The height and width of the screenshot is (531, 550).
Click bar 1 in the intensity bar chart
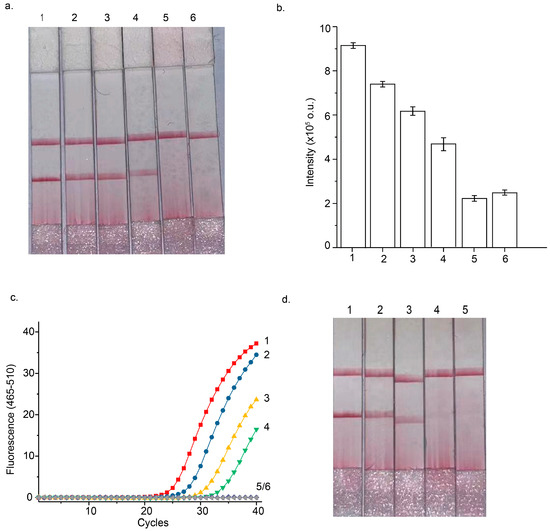pos(353,146)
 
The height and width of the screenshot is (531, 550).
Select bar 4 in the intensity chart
pos(443,195)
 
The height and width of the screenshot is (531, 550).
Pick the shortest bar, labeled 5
pos(474,223)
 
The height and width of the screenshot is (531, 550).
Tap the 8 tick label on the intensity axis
pos(327,71)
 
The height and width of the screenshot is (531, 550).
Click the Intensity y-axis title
pos(310,142)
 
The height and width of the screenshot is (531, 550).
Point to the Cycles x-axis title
pos(153,523)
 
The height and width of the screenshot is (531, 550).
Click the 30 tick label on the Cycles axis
pos(202,511)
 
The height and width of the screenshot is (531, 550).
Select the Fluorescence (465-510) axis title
pos(11,419)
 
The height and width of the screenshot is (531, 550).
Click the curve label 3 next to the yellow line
pos(267,398)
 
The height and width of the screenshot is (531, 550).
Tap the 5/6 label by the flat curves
pos(263,487)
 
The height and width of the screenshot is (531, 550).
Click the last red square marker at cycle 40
pos(256,343)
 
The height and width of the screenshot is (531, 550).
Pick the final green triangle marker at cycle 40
pos(256,430)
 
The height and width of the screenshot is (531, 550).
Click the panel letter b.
pos(280,8)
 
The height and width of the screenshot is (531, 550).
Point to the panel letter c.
pos(14,298)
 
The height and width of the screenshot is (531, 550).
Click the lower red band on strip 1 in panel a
pos(46,179)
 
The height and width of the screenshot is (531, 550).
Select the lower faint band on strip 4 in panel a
pos(142,173)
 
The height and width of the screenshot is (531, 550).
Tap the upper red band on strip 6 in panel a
pos(203,135)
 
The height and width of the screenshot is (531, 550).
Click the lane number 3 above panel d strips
pos(409,310)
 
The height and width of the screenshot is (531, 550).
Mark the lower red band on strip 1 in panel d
pos(347,415)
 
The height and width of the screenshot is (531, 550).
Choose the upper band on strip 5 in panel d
pos(469,372)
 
